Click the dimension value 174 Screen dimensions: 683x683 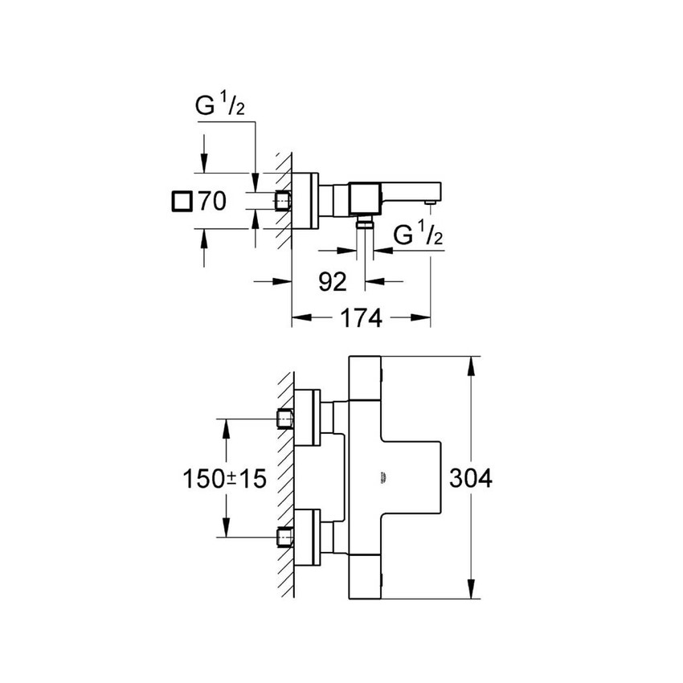tap(358, 318)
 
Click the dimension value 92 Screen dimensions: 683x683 tap(332, 281)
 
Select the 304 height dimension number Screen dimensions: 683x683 tap(470, 478)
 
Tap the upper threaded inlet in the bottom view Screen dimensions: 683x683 tap(283, 419)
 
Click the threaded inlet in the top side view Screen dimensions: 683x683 tap(283, 201)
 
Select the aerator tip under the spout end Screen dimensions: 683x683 tap(431, 204)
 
